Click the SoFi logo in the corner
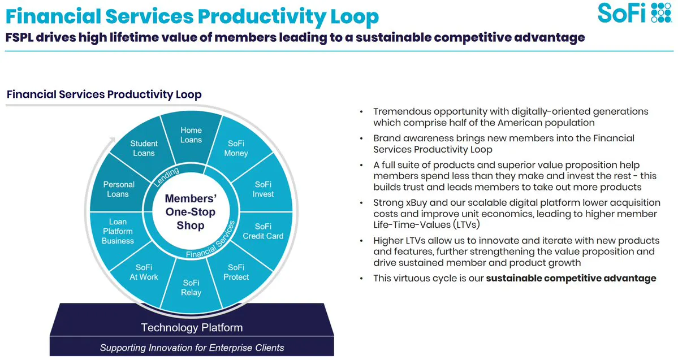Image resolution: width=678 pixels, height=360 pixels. pos(634,12)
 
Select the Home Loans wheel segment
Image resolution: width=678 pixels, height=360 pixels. pos(191,135)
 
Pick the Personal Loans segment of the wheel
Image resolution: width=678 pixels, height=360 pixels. pos(119,189)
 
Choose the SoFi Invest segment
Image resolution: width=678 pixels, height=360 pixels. pos(263,189)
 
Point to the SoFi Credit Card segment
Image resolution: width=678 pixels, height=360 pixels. pos(263,231)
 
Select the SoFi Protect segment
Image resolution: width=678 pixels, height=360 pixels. pos(236,272)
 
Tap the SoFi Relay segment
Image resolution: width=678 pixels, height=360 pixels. pos(191,288)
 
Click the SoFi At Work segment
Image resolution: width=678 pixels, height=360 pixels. pos(144,272)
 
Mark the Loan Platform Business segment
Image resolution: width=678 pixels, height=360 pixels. pos(118,231)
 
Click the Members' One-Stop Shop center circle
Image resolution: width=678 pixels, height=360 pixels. pos(191,212)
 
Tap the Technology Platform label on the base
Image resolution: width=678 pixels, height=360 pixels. pos(192,328)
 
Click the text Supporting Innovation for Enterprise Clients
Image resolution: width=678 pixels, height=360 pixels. pos(192,348)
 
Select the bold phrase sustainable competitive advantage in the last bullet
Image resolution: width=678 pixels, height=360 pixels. pos(571,278)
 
